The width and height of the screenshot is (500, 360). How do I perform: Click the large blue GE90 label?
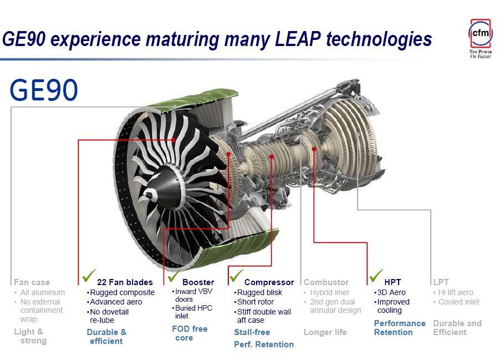(44, 90)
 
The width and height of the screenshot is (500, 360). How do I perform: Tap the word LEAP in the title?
(298, 39)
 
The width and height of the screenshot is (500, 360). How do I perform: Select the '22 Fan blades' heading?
(125, 282)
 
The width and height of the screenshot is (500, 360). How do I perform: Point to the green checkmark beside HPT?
(376, 276)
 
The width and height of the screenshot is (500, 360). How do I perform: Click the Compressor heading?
(269, 282)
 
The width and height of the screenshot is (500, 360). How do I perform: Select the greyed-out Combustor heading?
(326, 282)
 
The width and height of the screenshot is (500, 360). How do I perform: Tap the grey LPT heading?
(441, 282)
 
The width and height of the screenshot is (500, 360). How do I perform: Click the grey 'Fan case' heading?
(32, 282)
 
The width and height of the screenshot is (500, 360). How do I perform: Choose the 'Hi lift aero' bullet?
(455, 292)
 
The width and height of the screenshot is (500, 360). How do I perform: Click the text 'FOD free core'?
(190, 333)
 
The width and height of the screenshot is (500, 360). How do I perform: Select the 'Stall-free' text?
(252, 332)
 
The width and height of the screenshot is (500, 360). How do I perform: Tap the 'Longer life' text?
(325, 332)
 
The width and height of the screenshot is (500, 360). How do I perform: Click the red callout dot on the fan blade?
(174, 140)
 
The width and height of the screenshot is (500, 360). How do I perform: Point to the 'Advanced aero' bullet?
(116, 302)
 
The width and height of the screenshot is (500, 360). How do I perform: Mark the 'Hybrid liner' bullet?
(330, 292)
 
